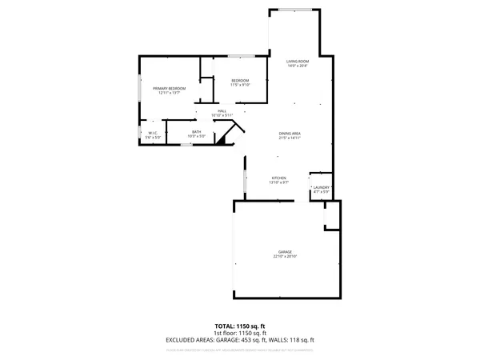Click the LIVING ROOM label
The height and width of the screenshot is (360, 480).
[x=298, y=62]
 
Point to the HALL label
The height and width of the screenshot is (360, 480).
[x=222, y=111]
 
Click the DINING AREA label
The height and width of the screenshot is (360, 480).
[x=289, y=134]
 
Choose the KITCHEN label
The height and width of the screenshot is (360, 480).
[x=278, y=178]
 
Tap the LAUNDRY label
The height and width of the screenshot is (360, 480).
[x=321, y=187]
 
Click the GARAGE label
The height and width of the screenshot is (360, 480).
[x=285, y=251]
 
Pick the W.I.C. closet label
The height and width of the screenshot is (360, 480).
[x=152, y=133]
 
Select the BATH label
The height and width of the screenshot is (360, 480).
[x=196, y=133]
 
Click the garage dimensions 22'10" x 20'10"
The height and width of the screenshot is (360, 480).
[x=285, y=256]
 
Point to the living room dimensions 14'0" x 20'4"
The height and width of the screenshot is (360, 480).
[x=298, y=66]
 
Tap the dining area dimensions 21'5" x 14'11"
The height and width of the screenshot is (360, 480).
[x=289, y=138]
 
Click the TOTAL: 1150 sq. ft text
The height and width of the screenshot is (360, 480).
[x=240, y=326]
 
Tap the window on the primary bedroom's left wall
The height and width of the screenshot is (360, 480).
[x=141, y=88]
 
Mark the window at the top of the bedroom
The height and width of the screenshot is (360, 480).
[x=241, y=56]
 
